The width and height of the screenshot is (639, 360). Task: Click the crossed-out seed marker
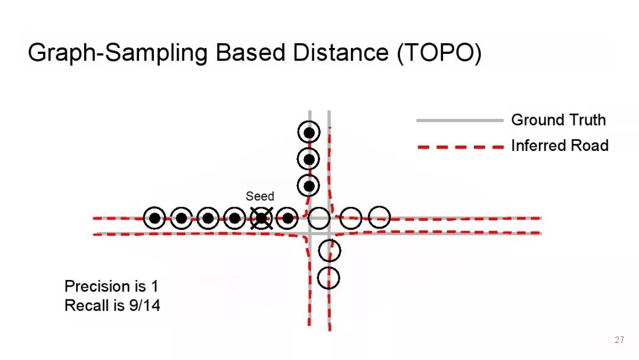261,218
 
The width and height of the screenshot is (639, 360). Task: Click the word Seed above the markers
260,196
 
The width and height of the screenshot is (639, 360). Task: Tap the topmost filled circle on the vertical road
309,132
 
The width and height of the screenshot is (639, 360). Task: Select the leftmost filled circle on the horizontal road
154,218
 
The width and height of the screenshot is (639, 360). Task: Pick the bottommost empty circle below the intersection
329,277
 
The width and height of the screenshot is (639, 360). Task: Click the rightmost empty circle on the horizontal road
379,217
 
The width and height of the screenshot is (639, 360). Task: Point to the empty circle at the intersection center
319,217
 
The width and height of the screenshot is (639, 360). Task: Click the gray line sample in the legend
459,121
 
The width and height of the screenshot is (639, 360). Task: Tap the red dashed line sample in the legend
459,146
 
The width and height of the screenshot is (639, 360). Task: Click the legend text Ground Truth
558,120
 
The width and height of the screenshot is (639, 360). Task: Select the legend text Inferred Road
559,146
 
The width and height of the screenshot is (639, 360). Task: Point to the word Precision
97,287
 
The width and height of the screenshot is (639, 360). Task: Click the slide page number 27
619,340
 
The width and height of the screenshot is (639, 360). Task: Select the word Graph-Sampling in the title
118,53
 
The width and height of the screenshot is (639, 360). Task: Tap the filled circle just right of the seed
288,218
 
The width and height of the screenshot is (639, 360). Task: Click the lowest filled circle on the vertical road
309,185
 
